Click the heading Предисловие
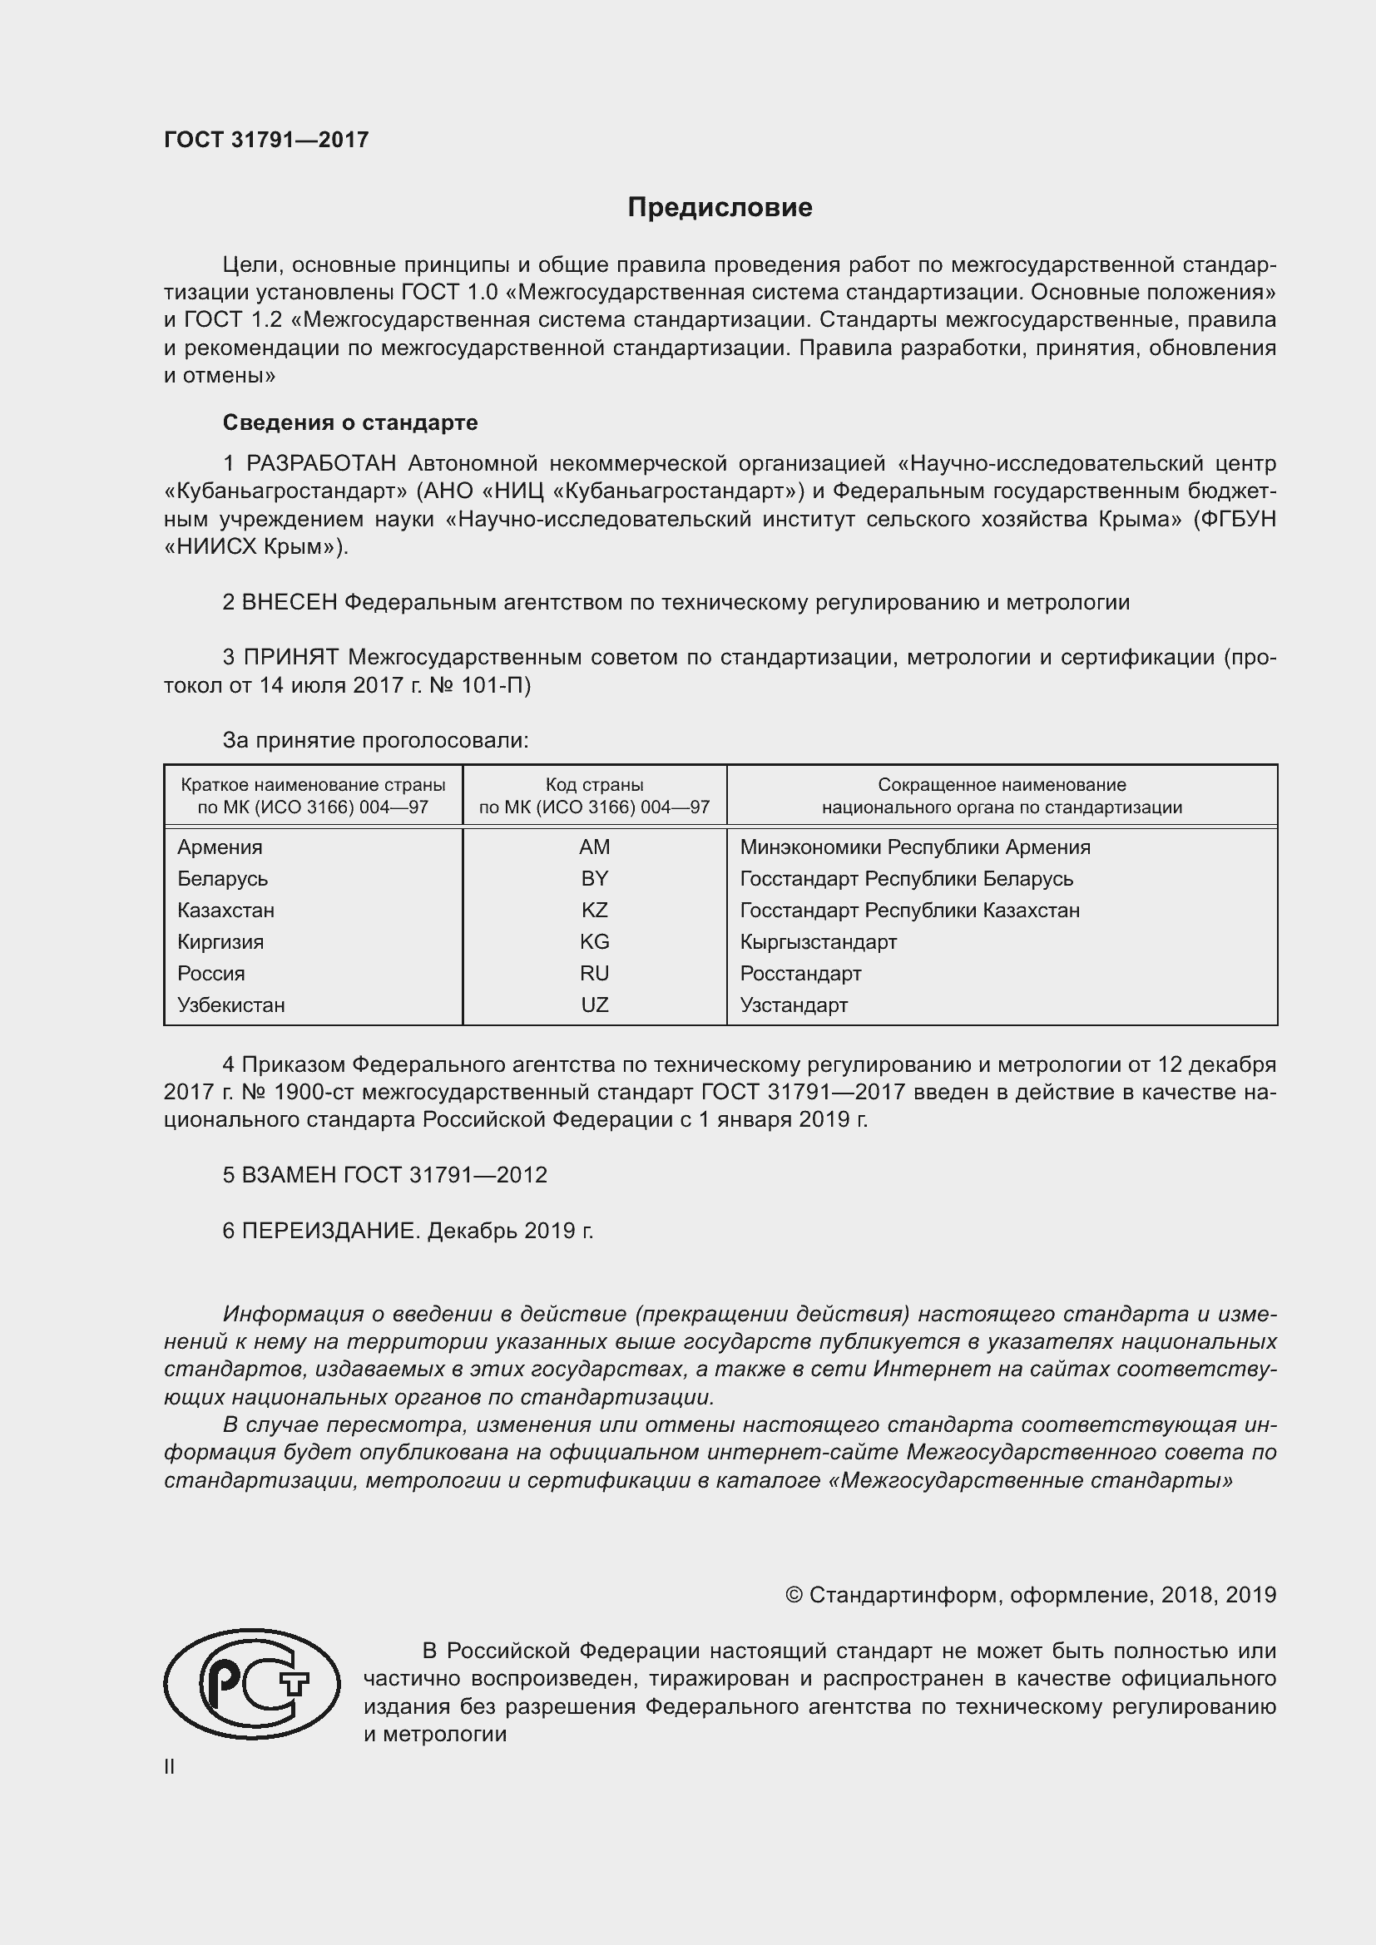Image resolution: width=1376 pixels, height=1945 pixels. point(720,208)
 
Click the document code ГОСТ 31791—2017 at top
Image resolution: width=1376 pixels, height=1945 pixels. point(266,140)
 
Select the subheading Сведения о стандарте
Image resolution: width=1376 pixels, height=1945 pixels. point(350,422)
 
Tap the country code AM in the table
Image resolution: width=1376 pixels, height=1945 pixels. point(594,847)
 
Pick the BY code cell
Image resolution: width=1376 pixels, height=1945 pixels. point(594,878)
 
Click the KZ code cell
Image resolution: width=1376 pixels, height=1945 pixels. point(594,910)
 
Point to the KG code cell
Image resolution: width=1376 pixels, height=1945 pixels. point(594,941)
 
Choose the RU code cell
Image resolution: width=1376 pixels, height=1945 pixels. point(594,974)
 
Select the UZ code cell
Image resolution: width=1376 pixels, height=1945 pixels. point(594,1005)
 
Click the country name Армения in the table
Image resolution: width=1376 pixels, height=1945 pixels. point(220,847)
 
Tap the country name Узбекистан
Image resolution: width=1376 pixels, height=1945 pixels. point(230,1005)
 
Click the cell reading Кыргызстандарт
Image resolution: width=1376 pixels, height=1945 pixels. point(818,941)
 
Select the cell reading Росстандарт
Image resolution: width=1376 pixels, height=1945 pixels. point(799,974)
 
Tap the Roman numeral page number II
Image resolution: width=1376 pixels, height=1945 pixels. point(170,1766)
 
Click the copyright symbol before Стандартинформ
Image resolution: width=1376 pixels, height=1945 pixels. point(793,1595)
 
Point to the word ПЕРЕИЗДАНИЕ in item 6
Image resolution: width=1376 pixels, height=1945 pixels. point(330,1230)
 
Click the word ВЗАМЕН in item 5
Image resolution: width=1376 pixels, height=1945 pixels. point(290,1175)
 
